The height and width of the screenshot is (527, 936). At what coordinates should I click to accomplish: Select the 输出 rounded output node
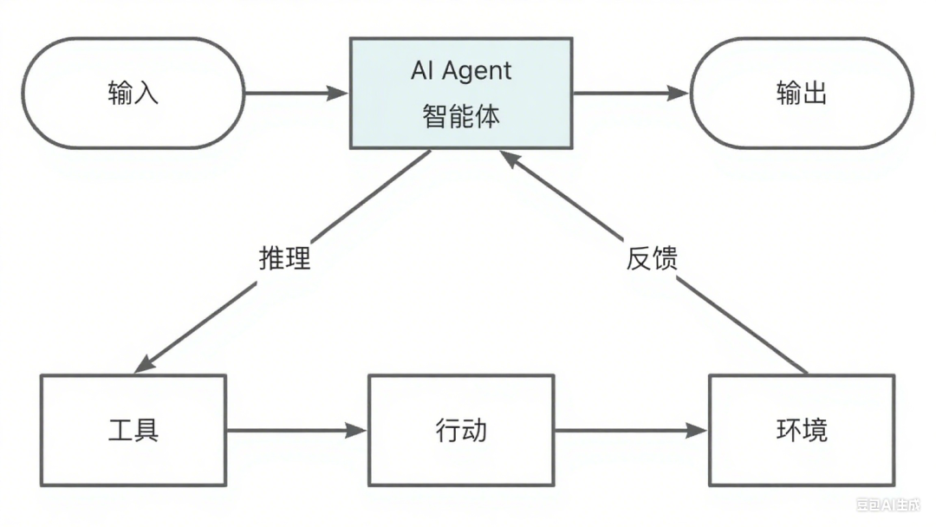click(801, 93)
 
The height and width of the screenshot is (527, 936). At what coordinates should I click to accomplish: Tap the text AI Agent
click(461, 71)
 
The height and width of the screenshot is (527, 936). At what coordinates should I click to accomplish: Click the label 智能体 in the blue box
click(461, 117)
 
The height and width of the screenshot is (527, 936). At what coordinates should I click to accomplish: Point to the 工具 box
click(133, 430)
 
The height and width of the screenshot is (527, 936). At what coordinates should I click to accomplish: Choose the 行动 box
click(461, 430)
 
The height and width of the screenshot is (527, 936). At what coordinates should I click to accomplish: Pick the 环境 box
click(802, 430)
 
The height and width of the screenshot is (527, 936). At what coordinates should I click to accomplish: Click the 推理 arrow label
click(284, 258)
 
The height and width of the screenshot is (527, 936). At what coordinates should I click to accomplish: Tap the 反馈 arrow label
click(651, 258)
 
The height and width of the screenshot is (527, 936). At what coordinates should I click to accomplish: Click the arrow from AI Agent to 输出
click(629, 93)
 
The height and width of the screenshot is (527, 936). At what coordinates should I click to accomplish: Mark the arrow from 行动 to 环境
click(631, 430)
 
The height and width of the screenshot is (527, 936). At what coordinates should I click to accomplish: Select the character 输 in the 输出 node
click(788, 93)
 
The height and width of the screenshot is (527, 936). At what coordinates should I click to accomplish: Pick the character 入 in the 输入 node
click(146, 93)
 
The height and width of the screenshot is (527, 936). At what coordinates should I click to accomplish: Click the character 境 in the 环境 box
click(815, 430)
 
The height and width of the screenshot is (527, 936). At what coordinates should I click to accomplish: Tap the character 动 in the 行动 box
click(474, 430)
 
